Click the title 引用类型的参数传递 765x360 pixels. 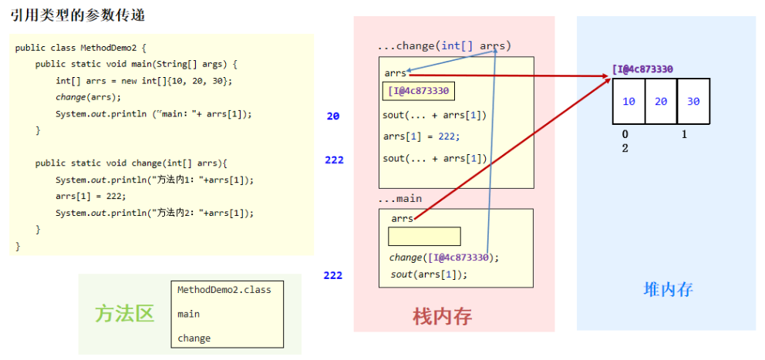[x=78, y=15]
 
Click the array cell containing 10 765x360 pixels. [x=629, y=102]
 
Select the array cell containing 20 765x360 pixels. [x=661, y=102]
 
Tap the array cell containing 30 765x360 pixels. [x=693, y=102]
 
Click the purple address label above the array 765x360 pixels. [x=642, y=69]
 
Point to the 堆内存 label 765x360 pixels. [x=669, y=289]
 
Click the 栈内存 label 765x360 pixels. [x=442, y=315]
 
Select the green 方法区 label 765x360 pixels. [x=124, y=313]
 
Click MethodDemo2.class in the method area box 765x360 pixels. [x=224, y=290]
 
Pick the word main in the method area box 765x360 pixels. [x=188, y=314]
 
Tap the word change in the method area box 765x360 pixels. [x=194, y=338]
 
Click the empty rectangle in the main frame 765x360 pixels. [x=424, y=236]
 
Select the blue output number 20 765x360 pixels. [x=333, y=116]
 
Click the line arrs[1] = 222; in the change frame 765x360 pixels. [x=421, y=136]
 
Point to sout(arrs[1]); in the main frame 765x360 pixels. [x=429, y=274]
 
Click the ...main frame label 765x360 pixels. [x=399, y=199]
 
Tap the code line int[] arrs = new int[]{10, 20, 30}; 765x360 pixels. [x=143, y=80]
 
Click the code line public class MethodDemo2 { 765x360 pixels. [x=80, y=48]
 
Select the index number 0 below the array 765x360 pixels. [x=625, y=134]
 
